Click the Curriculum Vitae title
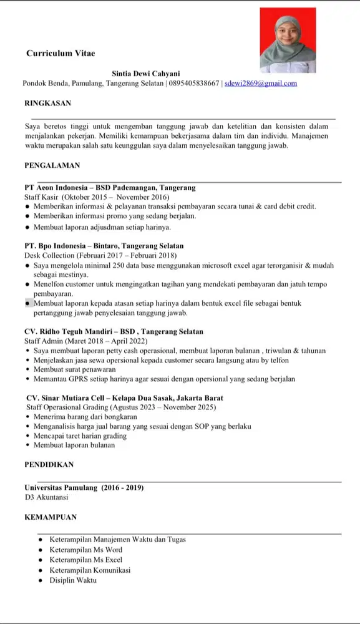click(x=61, y=54)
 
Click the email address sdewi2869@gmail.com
click(x=261, y=83)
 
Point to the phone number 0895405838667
click(x=194, y=83)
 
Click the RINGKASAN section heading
click(x=47, y=103)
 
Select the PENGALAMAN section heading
click(x=52, y=165)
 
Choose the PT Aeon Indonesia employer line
click(x=110, y=187)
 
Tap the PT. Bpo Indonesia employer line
click(x=104, y=246)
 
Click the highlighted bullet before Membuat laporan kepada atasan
click(x=28, y=303)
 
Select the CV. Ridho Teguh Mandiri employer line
click(x=114, y=331)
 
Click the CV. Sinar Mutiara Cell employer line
click(x=124, y=397)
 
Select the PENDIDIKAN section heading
click(x=49, y=464)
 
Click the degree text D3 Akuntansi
click(x=46, y=497)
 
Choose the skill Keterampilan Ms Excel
click(x=86, y=560)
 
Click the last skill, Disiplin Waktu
click(x=73, y=580)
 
